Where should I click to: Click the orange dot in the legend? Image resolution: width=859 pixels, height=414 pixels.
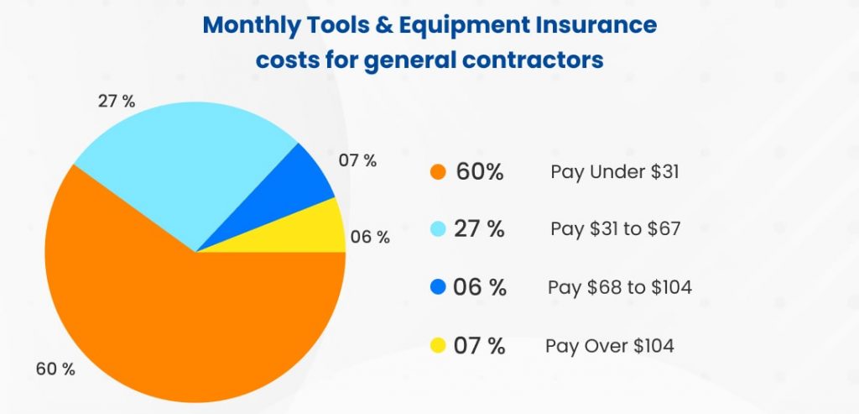pyautogui.click(x=436, y=172)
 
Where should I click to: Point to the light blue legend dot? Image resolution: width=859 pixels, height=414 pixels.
pyautogui.click(x=436, y=229)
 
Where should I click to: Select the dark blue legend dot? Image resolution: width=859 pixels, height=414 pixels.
pyautogui.click(x=436, y=287)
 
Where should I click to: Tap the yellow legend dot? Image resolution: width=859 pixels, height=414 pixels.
pyautogui.click(x=436, y=345)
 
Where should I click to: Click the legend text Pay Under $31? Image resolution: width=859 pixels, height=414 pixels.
pyautogui.click(x=615, y=172)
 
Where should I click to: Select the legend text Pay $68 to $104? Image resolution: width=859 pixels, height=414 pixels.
pyautogui.click(x=620, y=287)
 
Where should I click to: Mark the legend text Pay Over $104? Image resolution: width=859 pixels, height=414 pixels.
pyautogui.click(x=610, y=345)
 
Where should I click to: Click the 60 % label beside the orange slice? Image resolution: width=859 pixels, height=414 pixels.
pyautogui.click(x=55, y=369)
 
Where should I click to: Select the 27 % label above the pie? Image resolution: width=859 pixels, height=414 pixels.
pyautogui.click(x=117, y=102)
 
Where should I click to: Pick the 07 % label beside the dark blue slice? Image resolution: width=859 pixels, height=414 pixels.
pyautogui.click(x=357, y=160)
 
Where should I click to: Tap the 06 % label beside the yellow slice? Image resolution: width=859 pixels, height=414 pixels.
pyautogui.click(x=370, y=237)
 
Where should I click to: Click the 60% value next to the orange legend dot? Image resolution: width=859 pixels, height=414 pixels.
pyautogui.click(x=480, y=172)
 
